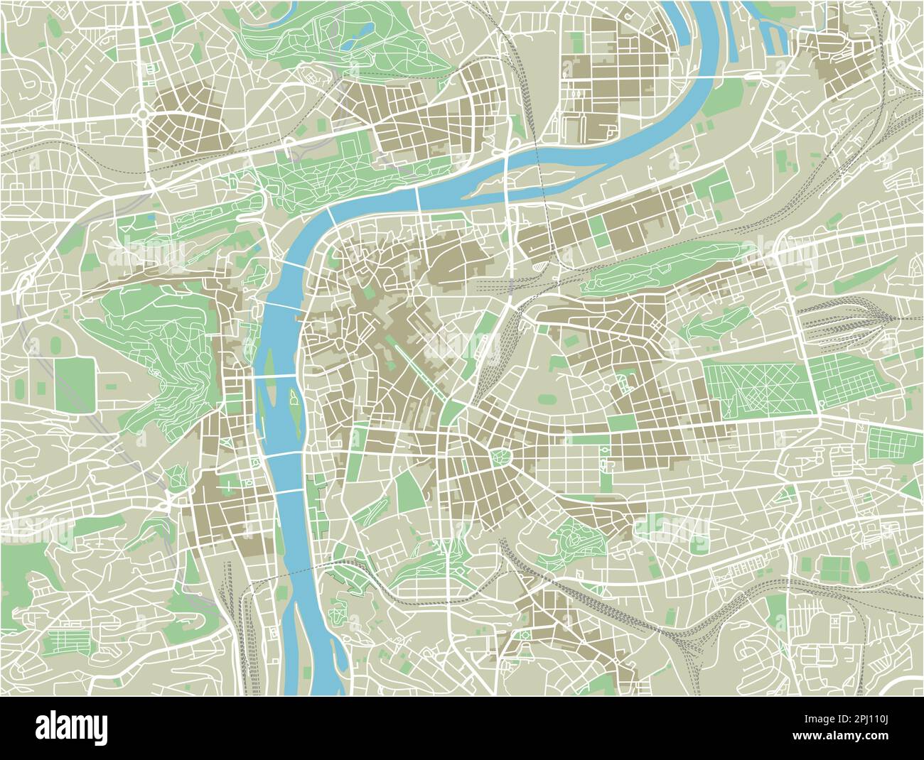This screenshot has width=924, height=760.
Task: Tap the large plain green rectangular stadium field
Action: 74,384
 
